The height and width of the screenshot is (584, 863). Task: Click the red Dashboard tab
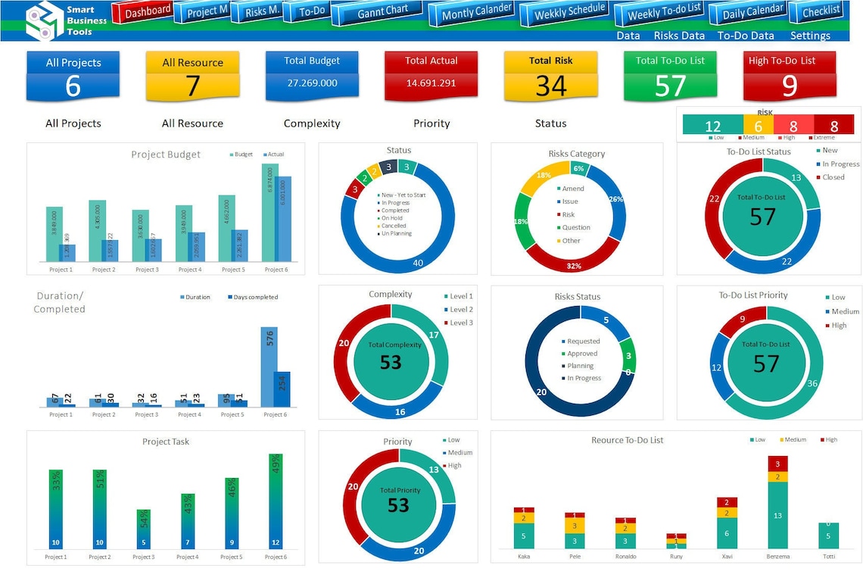pyautogui.click(x=143, y=12)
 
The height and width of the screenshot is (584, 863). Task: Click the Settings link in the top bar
pyautogui.click(x=809, y=36)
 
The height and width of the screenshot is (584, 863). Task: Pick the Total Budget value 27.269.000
pyautogui.click(x=311, y=83)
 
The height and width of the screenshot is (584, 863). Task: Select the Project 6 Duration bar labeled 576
pyautogui.click(x=269, y=367)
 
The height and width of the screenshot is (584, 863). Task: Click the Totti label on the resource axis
pyautogui.click(x=828, y=557)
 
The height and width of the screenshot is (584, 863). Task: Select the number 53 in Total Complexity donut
pyautogui.click(x=390, y=363)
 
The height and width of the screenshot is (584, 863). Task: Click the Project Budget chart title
pyautogui.click(x=166, y=155)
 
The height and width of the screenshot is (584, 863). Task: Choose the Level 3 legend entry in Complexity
pyautogui.click(x=460, y=323)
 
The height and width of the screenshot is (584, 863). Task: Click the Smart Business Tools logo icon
pyautogui.click(x=44, y=21)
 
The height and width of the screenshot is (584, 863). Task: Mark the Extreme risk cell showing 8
pyautogui.click(x=834, y=126)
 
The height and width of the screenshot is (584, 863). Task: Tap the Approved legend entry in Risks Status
pyautogui.click(x=581, y=354)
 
